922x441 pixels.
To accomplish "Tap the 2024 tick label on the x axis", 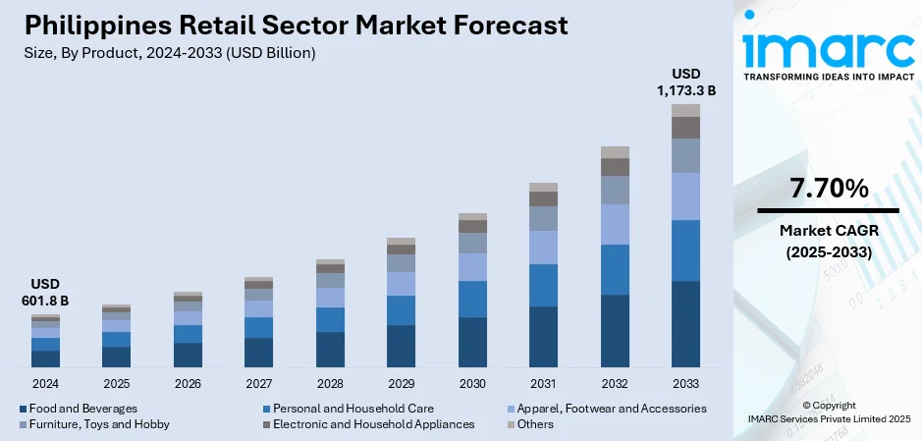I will [45, 383].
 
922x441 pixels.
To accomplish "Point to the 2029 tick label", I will [402, 383].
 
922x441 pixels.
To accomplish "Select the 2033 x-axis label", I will [685, 383].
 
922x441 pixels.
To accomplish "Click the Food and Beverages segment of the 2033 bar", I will [685, 324].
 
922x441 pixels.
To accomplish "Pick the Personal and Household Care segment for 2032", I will [615, 269].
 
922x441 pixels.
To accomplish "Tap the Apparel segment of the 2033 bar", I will [685, 196].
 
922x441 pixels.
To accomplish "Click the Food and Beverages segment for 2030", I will [472, 342].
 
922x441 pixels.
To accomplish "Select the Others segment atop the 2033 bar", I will [685, 110].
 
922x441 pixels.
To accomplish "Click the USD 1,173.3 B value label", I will [685, 82].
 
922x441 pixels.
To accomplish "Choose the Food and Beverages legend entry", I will [78, 408].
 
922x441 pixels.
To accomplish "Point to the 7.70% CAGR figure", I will [827, 188].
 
